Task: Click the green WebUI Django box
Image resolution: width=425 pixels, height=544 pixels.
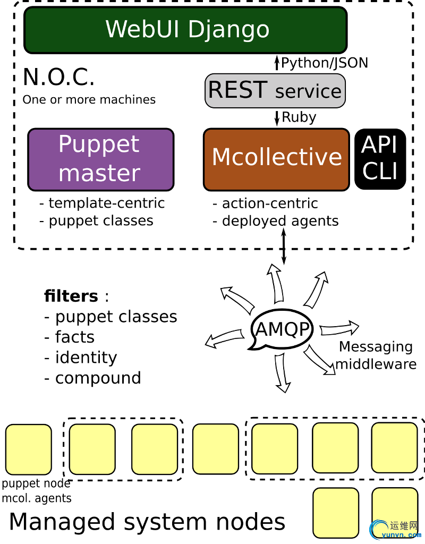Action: click(185, 30)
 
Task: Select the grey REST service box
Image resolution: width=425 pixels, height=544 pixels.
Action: click(275, 91)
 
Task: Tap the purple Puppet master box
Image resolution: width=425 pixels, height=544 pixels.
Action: click(100, 159)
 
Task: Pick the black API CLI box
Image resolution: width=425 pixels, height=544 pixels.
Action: click(380, 159)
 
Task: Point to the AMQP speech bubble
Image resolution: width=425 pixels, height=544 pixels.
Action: click(282, 329)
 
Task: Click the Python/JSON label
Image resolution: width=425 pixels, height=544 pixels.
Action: click(324, 63)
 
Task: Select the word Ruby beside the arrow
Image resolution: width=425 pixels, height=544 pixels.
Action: click(299, 117)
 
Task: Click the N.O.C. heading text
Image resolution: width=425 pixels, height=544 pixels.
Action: click(58, 78)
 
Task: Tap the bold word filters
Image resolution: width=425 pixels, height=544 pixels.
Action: click(71, 296)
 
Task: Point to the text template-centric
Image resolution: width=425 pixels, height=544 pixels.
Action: click(106, 203)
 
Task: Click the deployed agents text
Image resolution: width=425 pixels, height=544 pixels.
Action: click(280, 221)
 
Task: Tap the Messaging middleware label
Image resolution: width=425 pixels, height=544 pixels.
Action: click(376, 355)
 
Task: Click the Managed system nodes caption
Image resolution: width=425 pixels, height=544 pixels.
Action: click(147, 522)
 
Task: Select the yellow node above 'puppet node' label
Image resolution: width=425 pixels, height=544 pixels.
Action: click(28, 449)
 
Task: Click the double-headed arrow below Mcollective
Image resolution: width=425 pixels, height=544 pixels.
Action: click(284, 246)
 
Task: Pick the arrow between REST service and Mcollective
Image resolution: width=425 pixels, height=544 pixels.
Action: click(277, 118)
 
